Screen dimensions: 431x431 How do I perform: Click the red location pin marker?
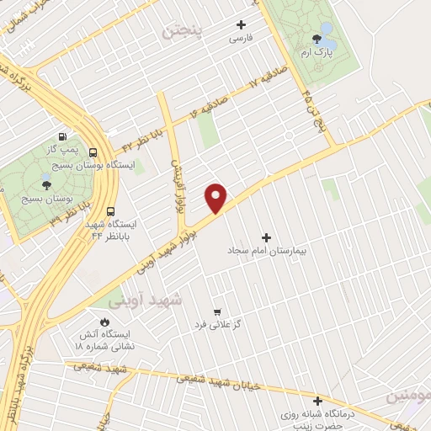click(x=217, y=197)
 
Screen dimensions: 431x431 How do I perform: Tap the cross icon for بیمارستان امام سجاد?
click(x=268, y=238)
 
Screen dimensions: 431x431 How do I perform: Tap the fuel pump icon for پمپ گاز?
click(x=62, y=136)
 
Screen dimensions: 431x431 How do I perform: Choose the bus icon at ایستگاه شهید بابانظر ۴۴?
click(x=112, y=214)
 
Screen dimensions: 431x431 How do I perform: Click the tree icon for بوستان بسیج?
click(x=45, y=185)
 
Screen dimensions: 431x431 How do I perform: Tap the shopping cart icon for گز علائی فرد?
click(x=218, y=311)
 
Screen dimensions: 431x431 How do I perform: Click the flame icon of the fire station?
click(x=104, y=322)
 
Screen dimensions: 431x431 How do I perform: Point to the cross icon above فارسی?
click(x=242, y=25)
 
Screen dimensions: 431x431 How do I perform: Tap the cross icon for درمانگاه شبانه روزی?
click(x=317, y=402)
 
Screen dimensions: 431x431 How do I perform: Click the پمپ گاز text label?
click(x=62, y=148)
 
